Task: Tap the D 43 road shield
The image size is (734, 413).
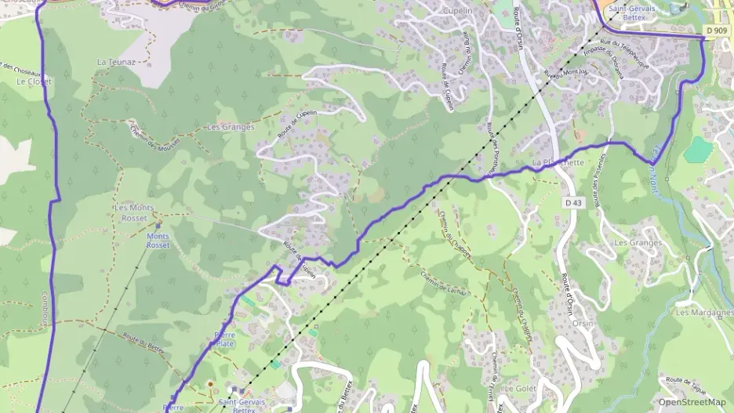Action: pos(572,202)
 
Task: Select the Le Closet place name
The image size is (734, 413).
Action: pos(34,82)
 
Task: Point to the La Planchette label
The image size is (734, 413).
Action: pos(558,162)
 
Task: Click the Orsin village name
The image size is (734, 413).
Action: pos(582,323)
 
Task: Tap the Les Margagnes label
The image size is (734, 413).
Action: pos(703,312)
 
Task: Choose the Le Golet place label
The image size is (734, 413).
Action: pos(520,388)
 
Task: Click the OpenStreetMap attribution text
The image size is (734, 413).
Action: pos(692,402)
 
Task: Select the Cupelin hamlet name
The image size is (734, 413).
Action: pos(458,11)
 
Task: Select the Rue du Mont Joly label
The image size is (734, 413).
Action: pos(566,74)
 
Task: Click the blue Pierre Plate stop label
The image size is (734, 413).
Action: pos(224,339)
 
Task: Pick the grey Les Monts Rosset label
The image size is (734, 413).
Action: pos(135,212)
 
